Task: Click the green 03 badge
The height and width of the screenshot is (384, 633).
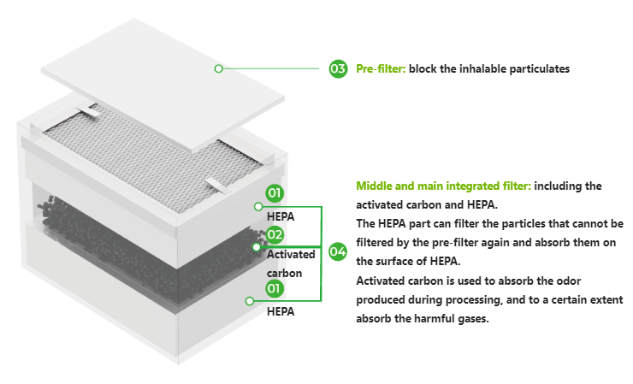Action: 338,68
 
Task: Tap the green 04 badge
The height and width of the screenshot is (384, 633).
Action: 338,251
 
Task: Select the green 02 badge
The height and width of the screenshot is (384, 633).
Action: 275,234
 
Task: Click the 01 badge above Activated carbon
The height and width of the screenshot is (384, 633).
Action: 275,192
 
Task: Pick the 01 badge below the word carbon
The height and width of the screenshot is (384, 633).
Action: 274,288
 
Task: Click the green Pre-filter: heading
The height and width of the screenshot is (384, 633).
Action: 381,68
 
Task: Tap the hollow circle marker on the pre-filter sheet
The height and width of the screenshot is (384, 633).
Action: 218,68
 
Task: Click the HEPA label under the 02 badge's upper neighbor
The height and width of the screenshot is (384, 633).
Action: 281,217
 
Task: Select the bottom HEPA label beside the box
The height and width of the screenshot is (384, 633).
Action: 281,311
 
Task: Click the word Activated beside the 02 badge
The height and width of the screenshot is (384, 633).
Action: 291,254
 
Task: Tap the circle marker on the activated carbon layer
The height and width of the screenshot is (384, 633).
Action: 257,246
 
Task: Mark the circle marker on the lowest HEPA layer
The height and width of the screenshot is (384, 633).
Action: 250,301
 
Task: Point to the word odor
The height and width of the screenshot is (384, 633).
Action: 568,281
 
